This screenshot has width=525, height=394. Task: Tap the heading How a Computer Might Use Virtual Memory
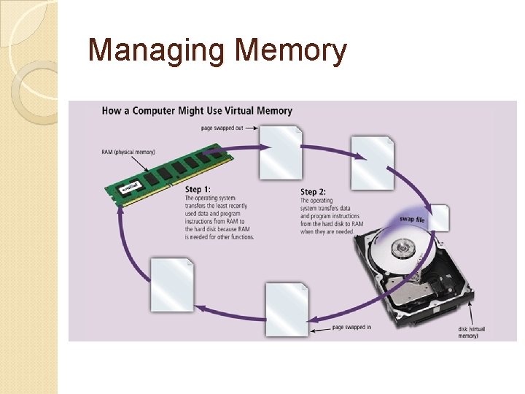pos(197,111)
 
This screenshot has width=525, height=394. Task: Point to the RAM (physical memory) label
pos(128,152)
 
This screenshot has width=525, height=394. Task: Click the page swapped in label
pos(351,327)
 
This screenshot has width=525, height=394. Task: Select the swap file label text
pos(412,219)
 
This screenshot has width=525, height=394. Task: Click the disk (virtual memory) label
pos(471,333)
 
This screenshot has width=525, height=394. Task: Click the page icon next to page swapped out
pos(281,152)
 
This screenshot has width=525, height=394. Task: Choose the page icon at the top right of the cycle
pos(372,162)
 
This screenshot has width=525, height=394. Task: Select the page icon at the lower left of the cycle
pos(172,284)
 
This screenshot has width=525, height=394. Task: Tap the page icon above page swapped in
pos(287,309)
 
